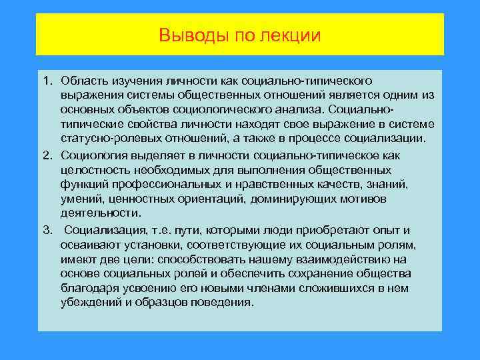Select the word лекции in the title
[292, 34]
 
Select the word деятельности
[100, 214]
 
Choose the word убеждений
[90, 303]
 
